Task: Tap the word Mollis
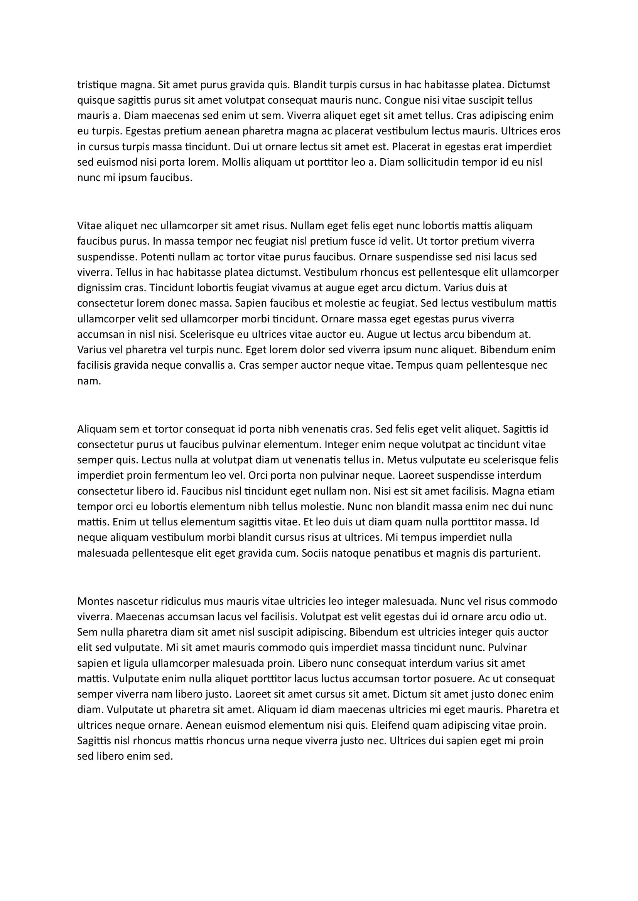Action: [236, 163]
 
